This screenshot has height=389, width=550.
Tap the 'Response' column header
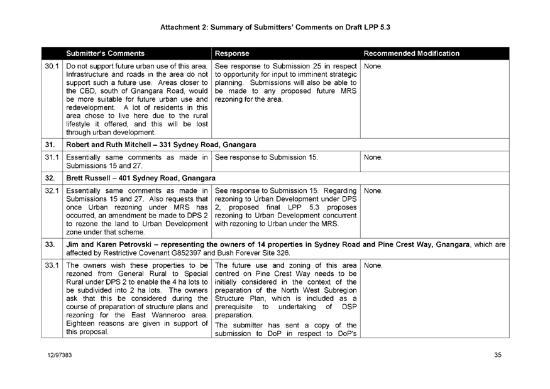pyautogui.click(x=232, y=53)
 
